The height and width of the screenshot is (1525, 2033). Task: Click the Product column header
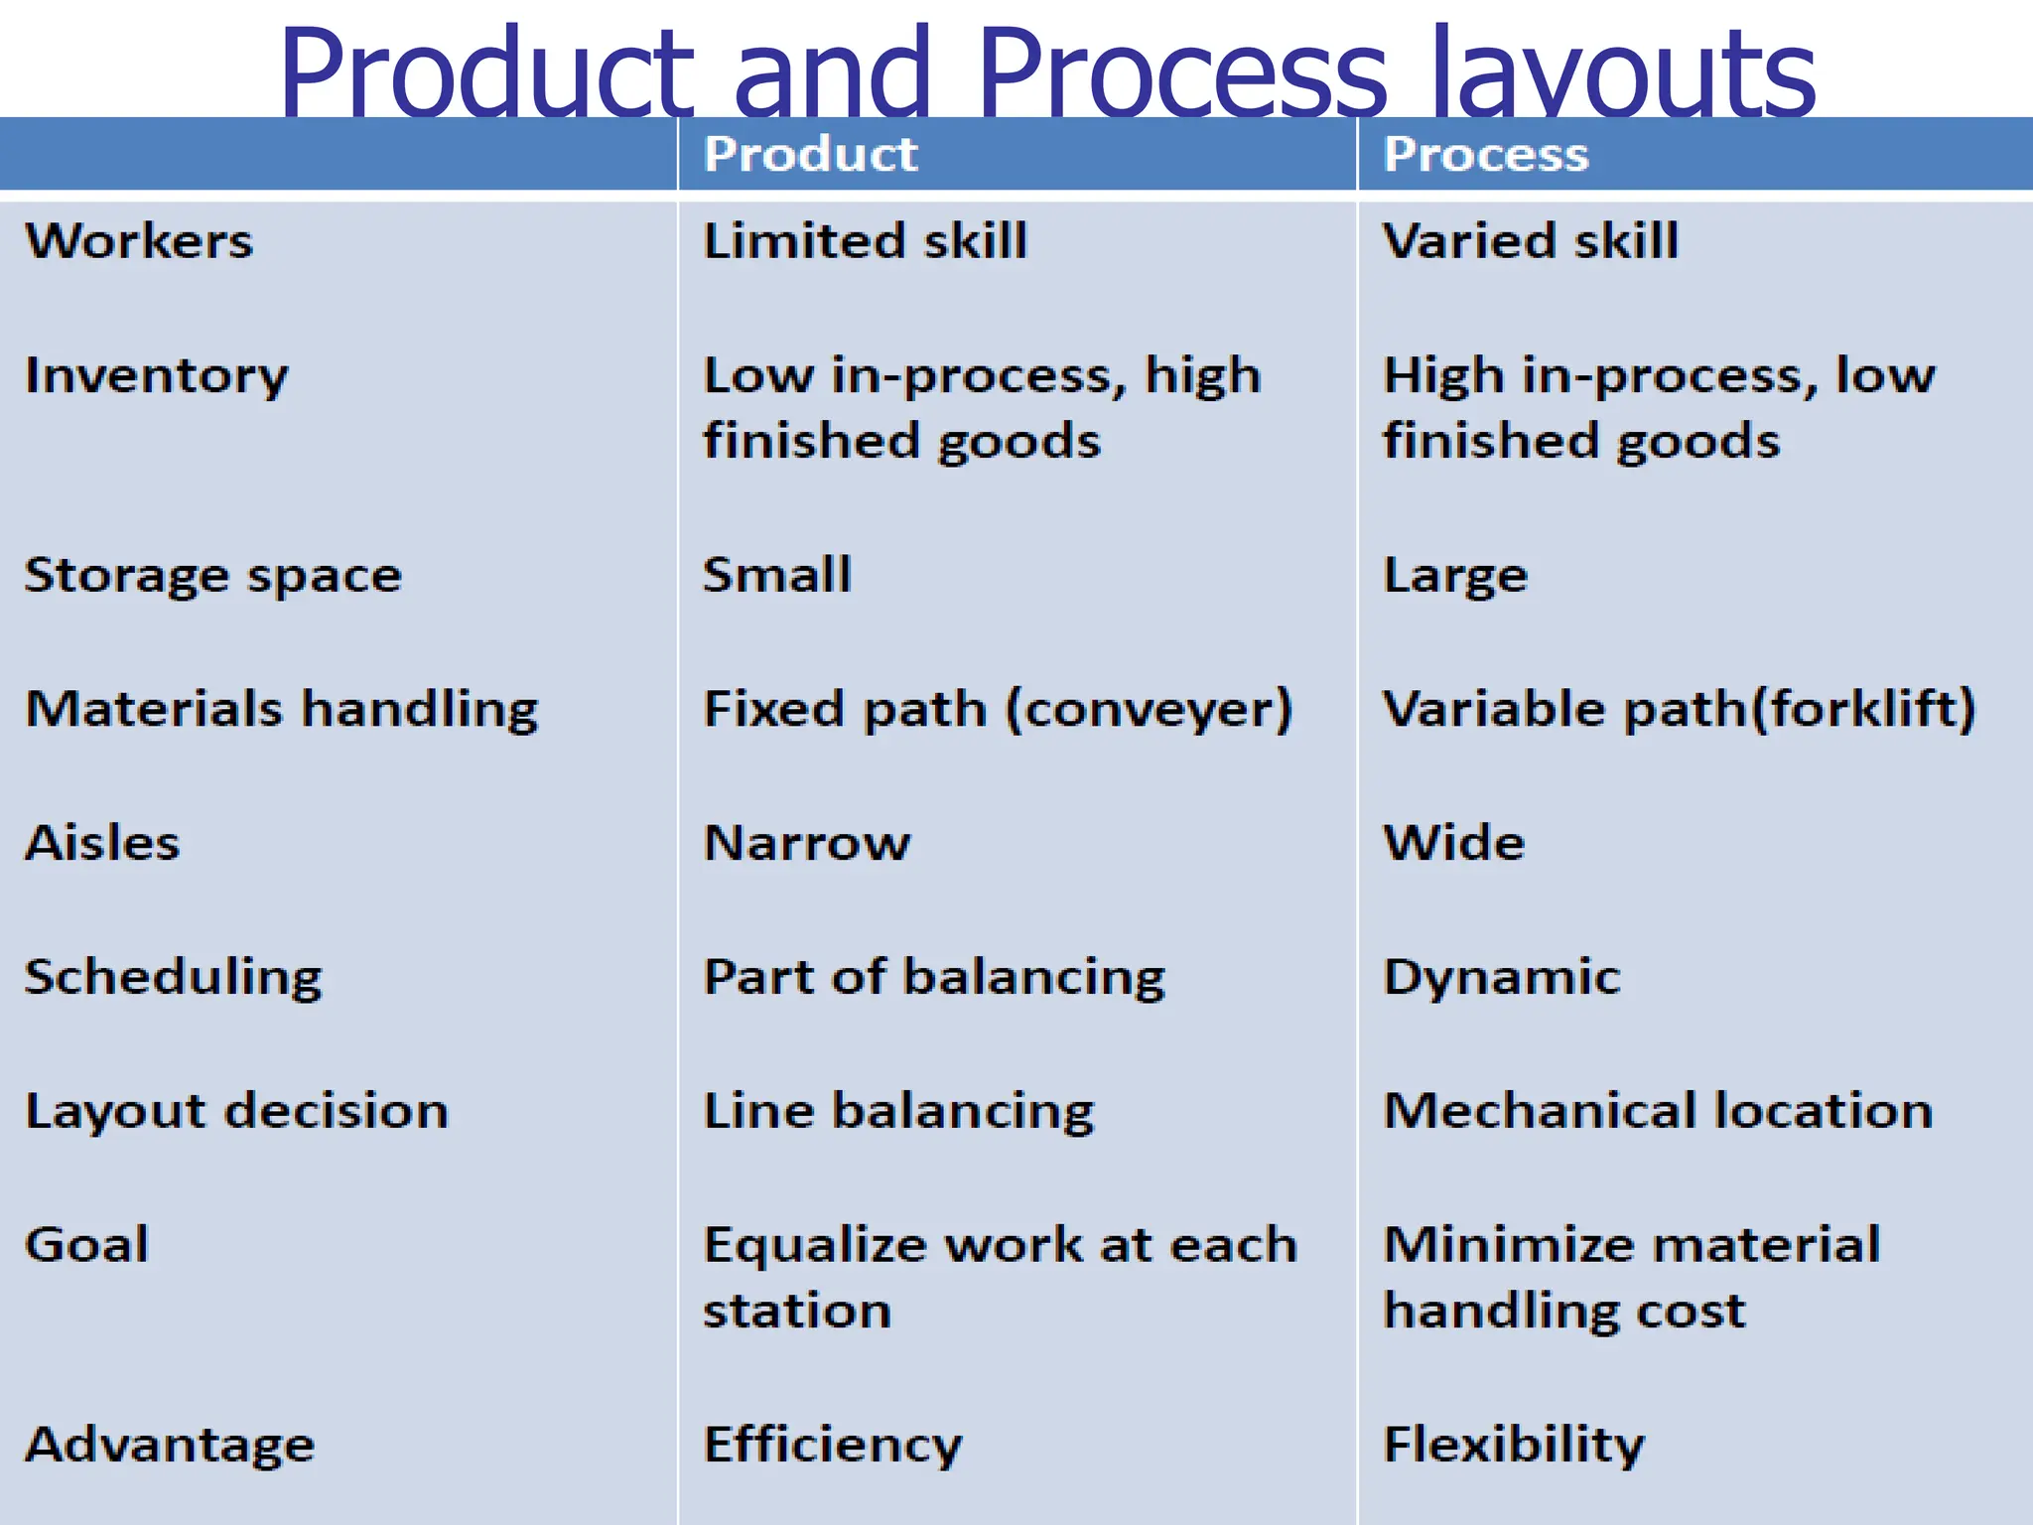[810, 155]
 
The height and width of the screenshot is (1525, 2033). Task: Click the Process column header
[1486, 155]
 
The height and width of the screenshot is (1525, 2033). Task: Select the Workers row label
[139, 241]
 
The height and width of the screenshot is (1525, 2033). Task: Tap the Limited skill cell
[865, 241]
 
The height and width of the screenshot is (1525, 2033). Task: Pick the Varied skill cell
[1531, 241]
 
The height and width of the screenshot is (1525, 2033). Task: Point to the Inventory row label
[157, 376]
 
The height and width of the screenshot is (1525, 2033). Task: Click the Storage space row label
[213, 576]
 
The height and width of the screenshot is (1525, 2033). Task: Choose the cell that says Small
[777, 575]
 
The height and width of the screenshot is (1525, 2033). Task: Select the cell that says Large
[1455, 576]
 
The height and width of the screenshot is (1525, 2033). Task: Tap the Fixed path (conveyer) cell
[998, 710]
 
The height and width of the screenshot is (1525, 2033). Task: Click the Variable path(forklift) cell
[1680, 710]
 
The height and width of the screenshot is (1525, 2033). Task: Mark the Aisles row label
[102, 843]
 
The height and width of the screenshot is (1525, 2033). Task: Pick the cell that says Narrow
[806, 843]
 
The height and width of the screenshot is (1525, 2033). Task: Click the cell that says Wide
[1454, 843]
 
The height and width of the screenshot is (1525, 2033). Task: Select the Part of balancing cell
[934, 978]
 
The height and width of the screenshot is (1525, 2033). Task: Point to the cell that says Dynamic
[1502, 978]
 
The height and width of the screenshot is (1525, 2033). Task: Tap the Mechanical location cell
[1658, 1111]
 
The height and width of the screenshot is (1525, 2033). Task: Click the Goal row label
[87, 1245]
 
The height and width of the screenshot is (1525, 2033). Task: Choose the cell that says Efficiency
[833, 1446]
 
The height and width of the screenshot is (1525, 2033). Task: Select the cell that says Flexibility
[1514, 1446]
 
